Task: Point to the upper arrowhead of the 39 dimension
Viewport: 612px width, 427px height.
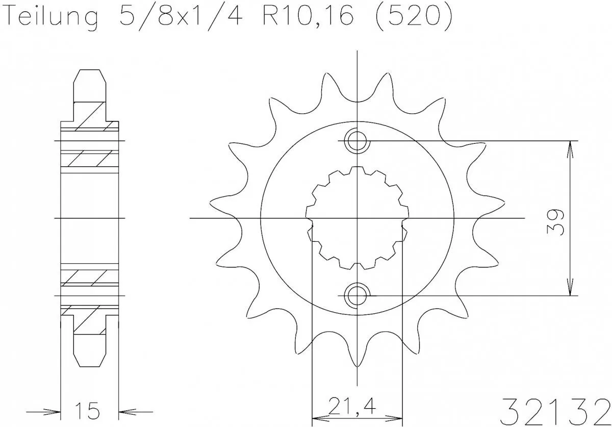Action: [570, 146]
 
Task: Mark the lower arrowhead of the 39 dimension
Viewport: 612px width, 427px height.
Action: [570, 290]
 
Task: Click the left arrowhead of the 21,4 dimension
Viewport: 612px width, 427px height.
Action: [318, 415]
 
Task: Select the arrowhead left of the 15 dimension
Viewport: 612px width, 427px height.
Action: [55, 411]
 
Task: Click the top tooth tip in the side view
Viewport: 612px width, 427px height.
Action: [90, 71]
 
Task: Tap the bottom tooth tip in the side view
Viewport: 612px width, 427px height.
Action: [90, 364]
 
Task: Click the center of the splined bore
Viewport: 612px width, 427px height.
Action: [357, 218]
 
